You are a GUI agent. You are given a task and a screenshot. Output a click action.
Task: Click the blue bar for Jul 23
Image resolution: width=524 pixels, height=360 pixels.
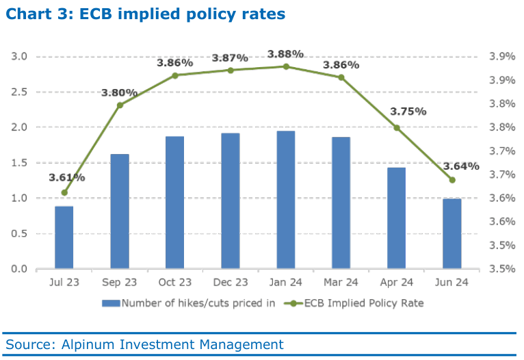pos(64,237)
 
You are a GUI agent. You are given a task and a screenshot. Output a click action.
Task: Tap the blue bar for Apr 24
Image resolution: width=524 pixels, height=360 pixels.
pos(397,218)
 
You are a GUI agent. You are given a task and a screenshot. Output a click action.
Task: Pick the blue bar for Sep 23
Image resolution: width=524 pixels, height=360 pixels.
pos(120,211)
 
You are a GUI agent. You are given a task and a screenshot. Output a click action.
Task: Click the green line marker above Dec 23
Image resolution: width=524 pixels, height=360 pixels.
pos(231,70)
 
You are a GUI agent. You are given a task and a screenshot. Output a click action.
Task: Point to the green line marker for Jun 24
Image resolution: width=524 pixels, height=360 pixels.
pos(452,180)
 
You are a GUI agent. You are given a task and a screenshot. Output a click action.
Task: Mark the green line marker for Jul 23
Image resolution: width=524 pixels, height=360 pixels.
pos(64,193)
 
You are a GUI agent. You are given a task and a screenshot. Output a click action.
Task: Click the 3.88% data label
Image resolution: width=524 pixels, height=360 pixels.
pos(286,53)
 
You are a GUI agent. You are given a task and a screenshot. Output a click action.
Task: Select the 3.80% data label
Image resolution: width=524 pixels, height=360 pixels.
pos(120,92)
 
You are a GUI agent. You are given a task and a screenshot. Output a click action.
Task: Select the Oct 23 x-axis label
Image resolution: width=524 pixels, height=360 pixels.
pos(175,282)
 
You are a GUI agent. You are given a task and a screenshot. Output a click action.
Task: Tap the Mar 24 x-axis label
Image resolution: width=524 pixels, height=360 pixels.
pos(341,282)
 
